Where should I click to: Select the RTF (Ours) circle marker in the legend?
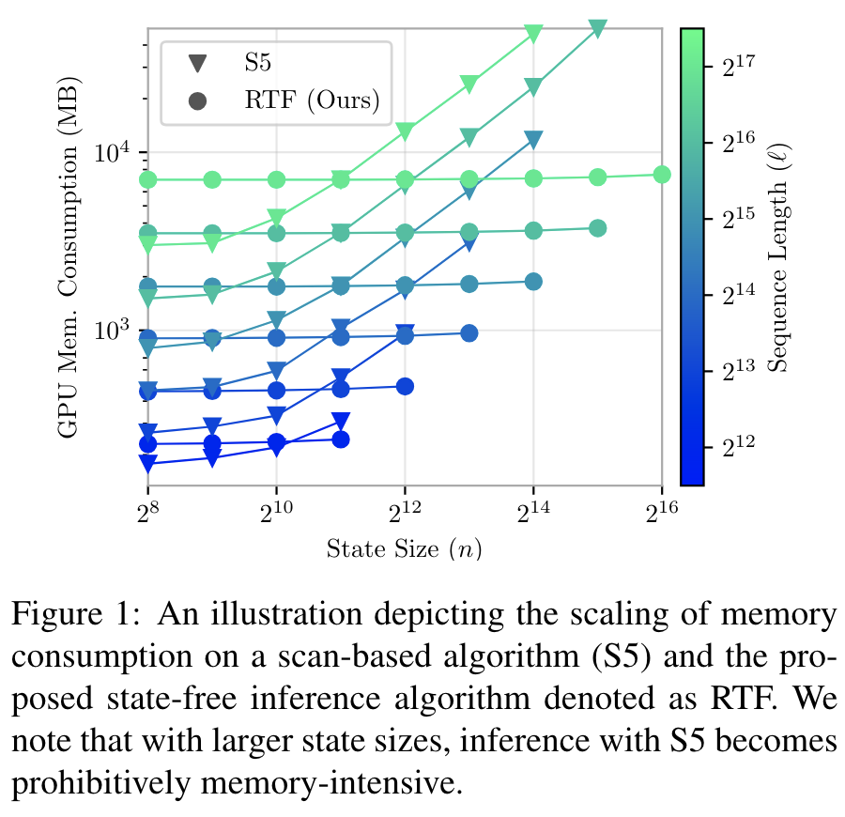pyautogui.click(x=197, y=100)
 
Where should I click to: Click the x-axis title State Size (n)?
pyautogui.click(x=405, y=548)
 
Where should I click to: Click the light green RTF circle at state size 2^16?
pyautogui.click(x=661, y=174)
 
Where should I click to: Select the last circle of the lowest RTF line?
pyautogui.click(x=341, y=439)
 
